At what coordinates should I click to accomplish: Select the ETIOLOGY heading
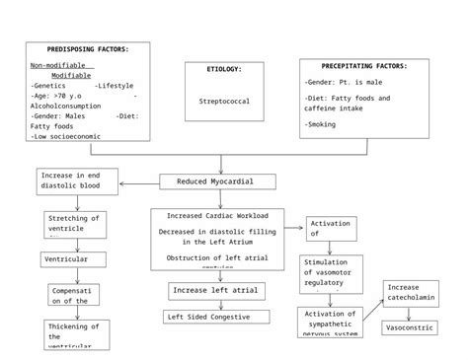click(223, 69)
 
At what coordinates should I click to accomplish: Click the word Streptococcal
click(224, 101)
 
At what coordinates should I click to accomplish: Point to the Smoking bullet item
click(321, 124)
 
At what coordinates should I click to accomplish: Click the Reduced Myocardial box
click(230, 181)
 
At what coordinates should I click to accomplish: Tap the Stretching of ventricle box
click(75, 224)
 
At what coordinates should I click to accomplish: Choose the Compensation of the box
click(73, 296)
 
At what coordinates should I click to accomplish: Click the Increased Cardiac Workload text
click(217, 215)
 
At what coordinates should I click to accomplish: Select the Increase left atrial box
click(216, 290)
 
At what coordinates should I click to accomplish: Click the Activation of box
click(331, 229)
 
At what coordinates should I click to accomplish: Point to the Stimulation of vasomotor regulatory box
click(331, 274)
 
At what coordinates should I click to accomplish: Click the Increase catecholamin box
click(410, 294)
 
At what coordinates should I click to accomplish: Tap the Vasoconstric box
click(409, 327)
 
